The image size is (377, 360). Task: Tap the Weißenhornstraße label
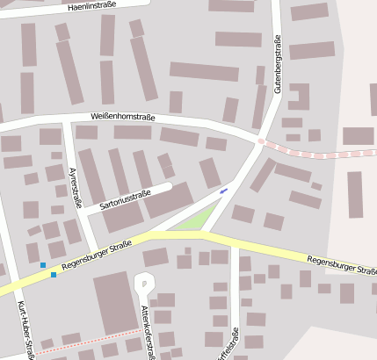[x=123, y=117]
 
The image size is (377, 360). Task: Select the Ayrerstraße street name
[x=74, y=188]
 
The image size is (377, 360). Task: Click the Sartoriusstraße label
[x=124, y=199]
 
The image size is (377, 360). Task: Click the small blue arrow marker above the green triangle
[x=223, y=190]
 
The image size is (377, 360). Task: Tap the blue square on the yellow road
[x=54, y=275]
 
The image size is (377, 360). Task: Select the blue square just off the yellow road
[x=43, y=264]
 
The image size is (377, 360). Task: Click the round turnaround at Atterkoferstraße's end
[x=143, y=282]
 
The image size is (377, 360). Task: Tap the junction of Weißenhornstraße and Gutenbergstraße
[x=260, y=140]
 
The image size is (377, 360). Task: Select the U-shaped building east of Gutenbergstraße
[x=299, y=97]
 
